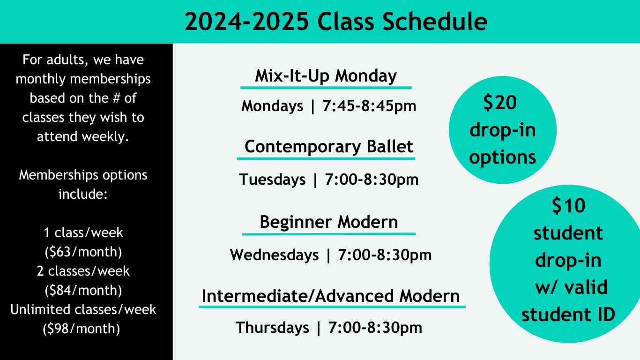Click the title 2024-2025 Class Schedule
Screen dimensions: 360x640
[x=335, y=22]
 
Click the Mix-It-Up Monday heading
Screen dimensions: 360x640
[x=326, y=76]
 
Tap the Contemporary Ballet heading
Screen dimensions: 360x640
[x=329, y=147]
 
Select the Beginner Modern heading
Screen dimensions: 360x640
[x=329, y=222]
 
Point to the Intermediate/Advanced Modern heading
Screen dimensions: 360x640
[x=331, y=296]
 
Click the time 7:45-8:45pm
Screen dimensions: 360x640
[x=369, y=106]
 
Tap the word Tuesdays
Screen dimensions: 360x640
[x=272, y=180]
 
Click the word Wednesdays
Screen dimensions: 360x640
[x=274, y=255]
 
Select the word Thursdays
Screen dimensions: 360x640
[x=272, y=327]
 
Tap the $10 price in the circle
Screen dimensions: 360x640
[x=568, y=206]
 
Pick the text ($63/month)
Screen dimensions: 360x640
[x=83, y=252]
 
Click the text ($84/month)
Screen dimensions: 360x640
[x=83, y=291]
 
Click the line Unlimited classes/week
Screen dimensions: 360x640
[x=83, y=310]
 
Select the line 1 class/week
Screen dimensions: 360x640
[x=83, y=233]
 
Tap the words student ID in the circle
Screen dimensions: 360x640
[x=568, y=315]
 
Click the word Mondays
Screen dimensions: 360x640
[x=272, y=106]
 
